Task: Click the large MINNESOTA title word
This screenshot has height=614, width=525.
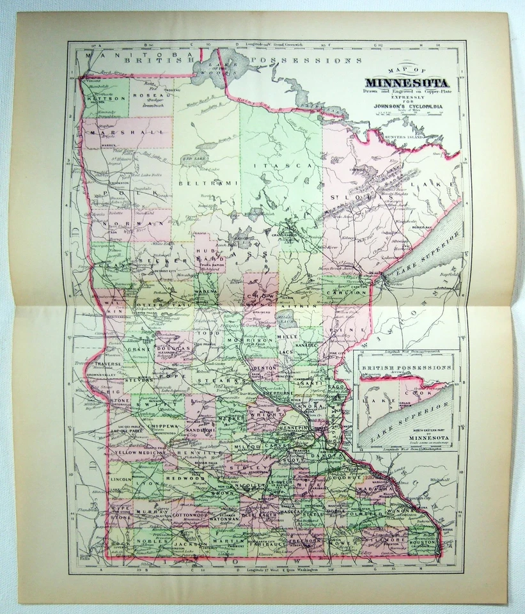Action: (406, 84)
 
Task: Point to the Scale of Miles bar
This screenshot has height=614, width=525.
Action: (406, 116)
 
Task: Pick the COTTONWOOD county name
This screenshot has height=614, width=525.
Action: (190, 514)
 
